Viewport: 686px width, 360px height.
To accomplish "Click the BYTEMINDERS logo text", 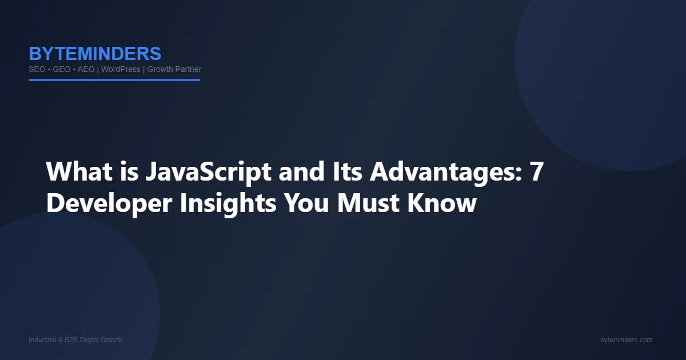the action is [x=95, y=54].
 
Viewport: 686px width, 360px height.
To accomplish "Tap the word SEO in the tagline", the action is [x=37, y=70].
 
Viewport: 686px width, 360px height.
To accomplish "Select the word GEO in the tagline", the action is [x=62, y=70].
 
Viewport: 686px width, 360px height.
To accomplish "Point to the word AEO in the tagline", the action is [x=86, y=70].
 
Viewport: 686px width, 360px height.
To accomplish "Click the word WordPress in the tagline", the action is [x=121, y=70].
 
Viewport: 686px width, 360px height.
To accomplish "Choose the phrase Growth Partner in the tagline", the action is [x=174, y=70].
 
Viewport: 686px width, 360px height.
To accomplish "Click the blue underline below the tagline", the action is [x=114, y=80].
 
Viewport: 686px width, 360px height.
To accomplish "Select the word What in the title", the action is [x=79, y=171].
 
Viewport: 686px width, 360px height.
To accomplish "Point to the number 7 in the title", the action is [x=536, y=171].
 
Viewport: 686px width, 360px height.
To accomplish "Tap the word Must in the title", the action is [x=368, y=203].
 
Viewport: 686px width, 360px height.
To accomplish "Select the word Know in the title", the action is [x=442, y=203].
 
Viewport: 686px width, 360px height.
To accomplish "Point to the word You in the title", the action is [x=306, y=203].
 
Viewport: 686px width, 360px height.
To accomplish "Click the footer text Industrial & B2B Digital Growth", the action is [x=75, y=340].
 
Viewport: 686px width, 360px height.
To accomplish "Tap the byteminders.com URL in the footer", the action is [x=627, y=340].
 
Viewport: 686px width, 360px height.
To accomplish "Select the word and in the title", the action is [x=301, y=171].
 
